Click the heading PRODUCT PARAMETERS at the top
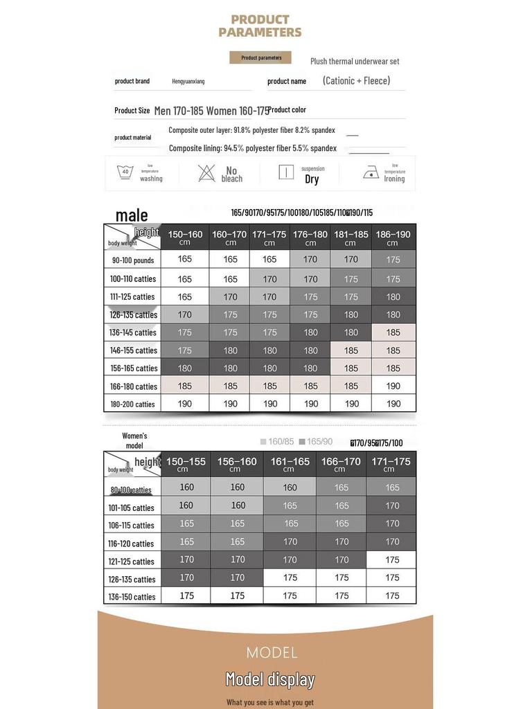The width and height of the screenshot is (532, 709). pos(260,26)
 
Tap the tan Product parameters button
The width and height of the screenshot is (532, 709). pos(260,57)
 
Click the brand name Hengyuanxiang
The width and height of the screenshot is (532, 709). pos(188,81)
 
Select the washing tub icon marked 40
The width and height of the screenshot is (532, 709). pos(125,172)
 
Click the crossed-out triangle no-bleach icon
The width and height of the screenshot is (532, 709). pos(206,173)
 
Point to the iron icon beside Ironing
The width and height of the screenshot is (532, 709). pos(371,173)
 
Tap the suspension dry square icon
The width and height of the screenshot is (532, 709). pos(286,172)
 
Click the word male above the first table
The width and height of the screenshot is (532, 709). pos(132,215)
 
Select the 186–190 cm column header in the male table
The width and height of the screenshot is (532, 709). pos(393,237)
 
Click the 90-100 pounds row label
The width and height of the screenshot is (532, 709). pos(133,260)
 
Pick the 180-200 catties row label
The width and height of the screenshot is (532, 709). pos(132,404)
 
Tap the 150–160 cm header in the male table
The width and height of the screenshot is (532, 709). pos(185,237)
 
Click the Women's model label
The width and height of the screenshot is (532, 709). pos(134,440)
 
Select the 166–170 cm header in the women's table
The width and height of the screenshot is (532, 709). pos(340,464)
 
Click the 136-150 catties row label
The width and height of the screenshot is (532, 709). pos(132,596)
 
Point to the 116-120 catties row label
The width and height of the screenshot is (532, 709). pos(132,544)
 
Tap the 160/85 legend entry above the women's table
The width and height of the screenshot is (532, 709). pos(277,442)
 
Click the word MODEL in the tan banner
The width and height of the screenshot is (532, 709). pos(272,652)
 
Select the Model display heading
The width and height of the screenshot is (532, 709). pos(270,679)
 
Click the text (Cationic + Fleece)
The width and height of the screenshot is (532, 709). pos(356,80)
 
